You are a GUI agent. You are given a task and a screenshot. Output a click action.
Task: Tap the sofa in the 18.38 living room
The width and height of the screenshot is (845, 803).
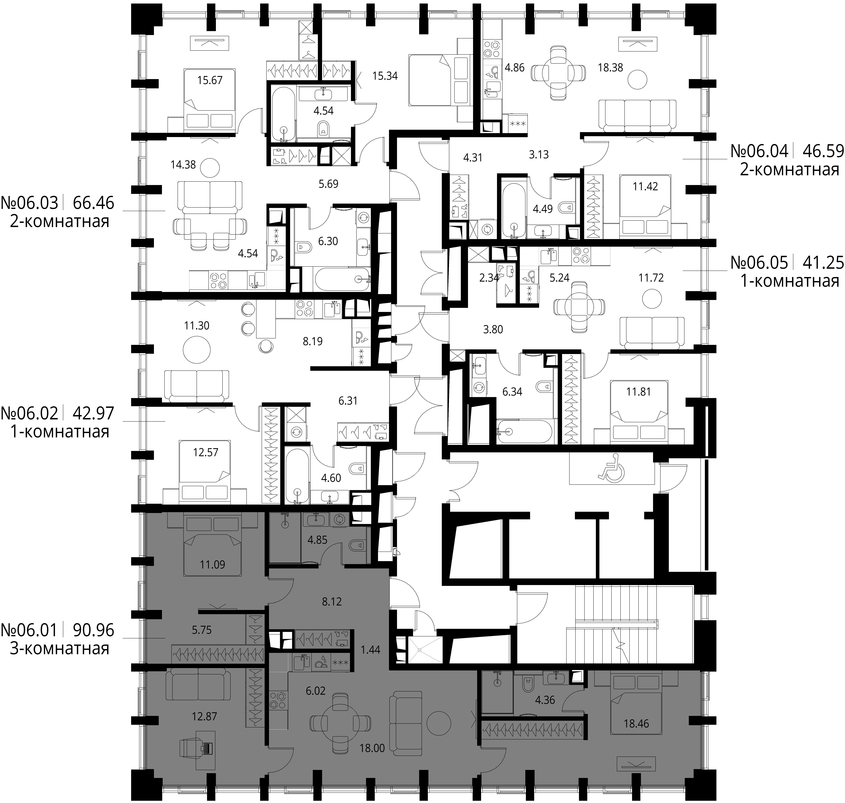click(637, 116)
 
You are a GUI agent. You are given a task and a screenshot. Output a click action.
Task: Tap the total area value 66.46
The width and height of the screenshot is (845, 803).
click(93, 203)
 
